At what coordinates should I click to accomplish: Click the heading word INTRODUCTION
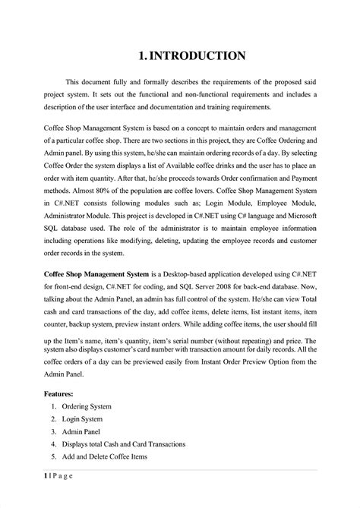coord(197,55)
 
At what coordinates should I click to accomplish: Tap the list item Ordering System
coord(86,407)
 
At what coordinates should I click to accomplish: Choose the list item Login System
coord(81,419)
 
